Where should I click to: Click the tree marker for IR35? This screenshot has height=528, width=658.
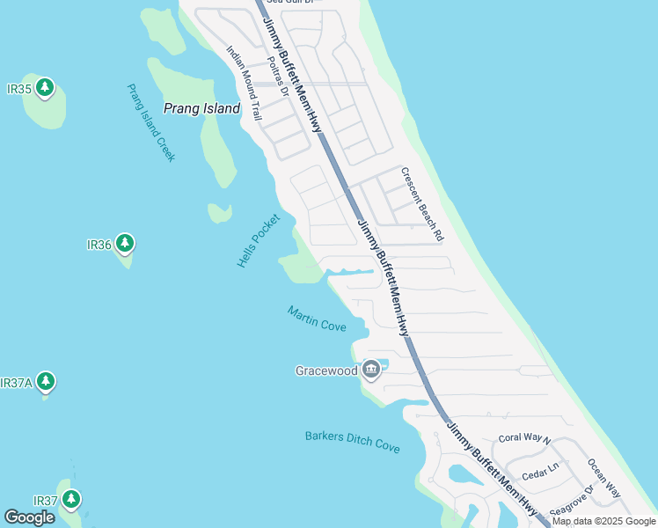pyautogui.click(x=45, y=88)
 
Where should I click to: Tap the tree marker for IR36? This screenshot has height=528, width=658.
pyautogui.click(x=125, y=244)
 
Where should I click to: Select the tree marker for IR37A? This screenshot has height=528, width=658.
pyautogui.click(x=46, y=382)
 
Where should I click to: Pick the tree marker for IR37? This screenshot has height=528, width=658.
pyautogui.click(x=70, y=500)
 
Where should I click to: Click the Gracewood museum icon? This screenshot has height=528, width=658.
pyautogui.click(x=371, y=370)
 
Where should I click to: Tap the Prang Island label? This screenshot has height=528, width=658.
pyautogui.click(x=201, y=108)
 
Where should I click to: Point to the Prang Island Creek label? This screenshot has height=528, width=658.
pyautogui.click(x=151, y=122)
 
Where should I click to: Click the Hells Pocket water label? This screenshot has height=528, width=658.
pyautogui.click(x=259, y=240)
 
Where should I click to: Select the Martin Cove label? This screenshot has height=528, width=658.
pyautogui.click(x=317, y=319)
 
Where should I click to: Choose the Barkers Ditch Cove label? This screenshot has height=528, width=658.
pyautogui.click(x=353, y=441)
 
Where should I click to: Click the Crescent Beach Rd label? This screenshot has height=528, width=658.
pyautogui.click(x=422, y=205)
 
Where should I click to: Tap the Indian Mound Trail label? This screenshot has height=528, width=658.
pyautogui.click(x=245, y=84)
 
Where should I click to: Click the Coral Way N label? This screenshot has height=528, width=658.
pyautogui.click(x=524, y=438)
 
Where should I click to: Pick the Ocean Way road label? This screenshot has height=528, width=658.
pyautogui.click(x=604, y=478)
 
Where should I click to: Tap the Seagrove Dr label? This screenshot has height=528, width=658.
pyautogui.click(x=572, y=500)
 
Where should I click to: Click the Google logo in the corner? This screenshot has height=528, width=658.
pyautogui.click(x=30, y=517)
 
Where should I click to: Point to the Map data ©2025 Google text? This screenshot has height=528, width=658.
pyautogui.click(x=603, y=521)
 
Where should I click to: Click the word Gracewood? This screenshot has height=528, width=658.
pyautogui.click(x=326, y=370)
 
